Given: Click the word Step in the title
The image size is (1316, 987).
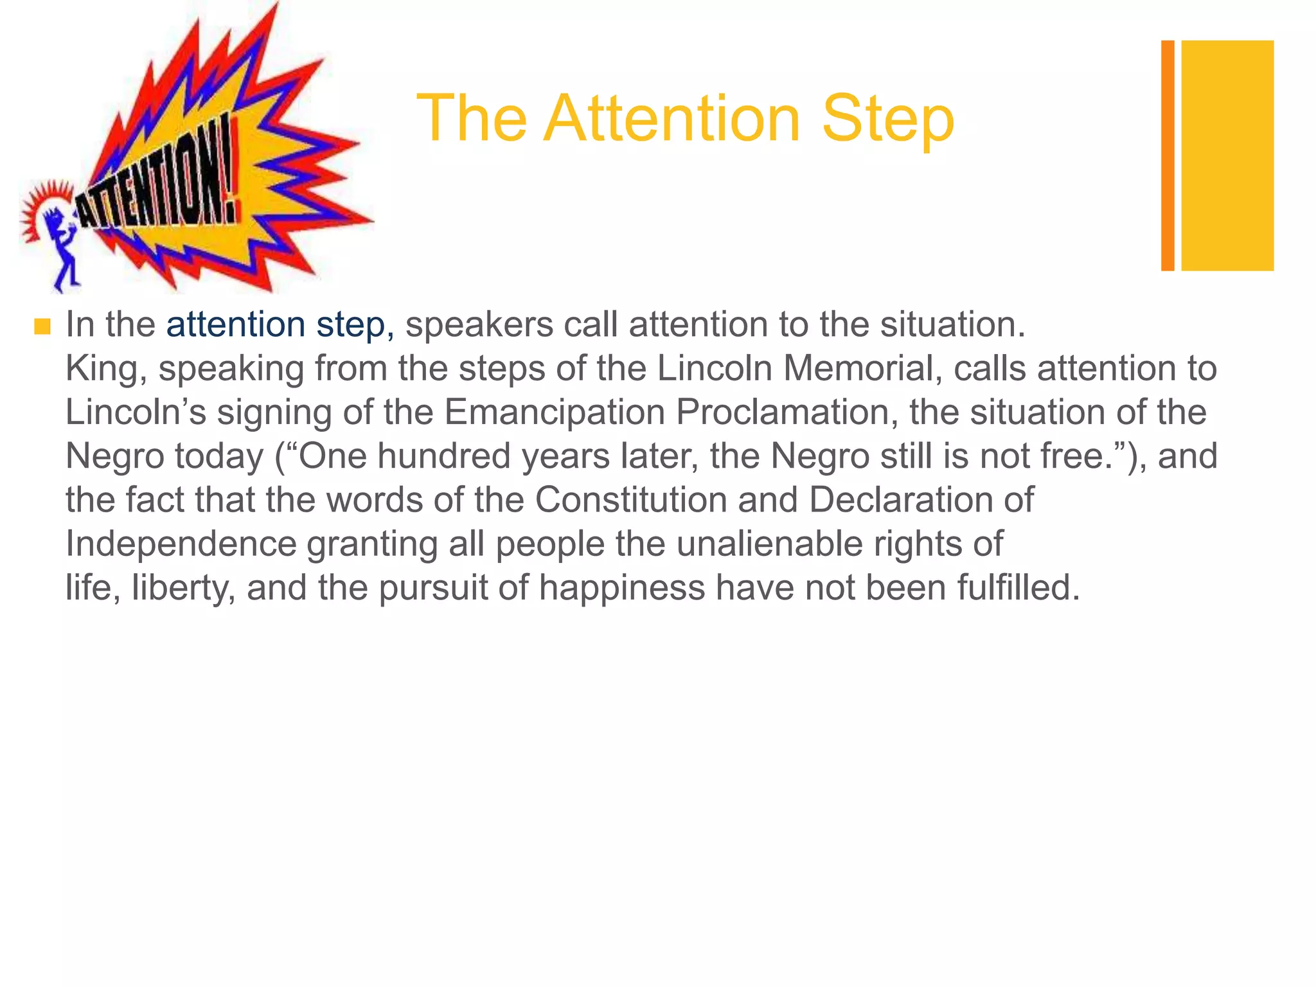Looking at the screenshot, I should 888,120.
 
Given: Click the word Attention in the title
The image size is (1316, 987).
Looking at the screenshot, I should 671,120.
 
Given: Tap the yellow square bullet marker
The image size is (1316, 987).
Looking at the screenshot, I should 42,327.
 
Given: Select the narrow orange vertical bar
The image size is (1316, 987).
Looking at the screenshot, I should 1168,156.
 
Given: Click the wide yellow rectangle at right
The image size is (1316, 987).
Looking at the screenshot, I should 1227,156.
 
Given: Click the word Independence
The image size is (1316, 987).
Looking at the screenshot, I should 181,544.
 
